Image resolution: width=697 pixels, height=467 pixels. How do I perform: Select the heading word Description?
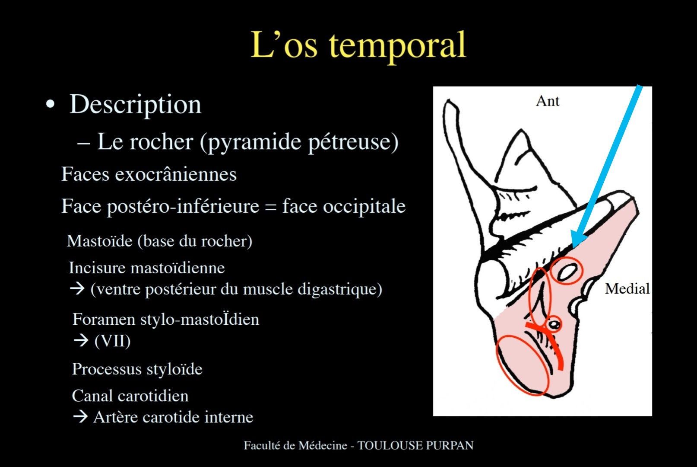point(135,104)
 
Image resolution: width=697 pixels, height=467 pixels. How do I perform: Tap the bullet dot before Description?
point(50,104)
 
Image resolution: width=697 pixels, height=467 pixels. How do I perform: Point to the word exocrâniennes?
point(176,174)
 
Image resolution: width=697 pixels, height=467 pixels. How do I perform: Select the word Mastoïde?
point(100,241)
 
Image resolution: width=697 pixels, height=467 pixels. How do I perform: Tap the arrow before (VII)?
point(81,340)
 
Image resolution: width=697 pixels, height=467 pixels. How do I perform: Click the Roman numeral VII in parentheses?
point(113,340)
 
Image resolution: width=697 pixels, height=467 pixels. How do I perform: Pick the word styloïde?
point(174,369)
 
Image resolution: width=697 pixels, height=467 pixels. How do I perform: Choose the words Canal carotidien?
point(130,396)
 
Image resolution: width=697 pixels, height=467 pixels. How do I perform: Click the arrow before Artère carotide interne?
point(81,416)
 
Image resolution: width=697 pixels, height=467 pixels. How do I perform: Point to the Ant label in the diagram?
point(548,101)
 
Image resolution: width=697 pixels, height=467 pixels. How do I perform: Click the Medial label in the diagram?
point(627,288)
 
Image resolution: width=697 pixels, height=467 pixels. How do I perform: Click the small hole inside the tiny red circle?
point(554,325)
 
